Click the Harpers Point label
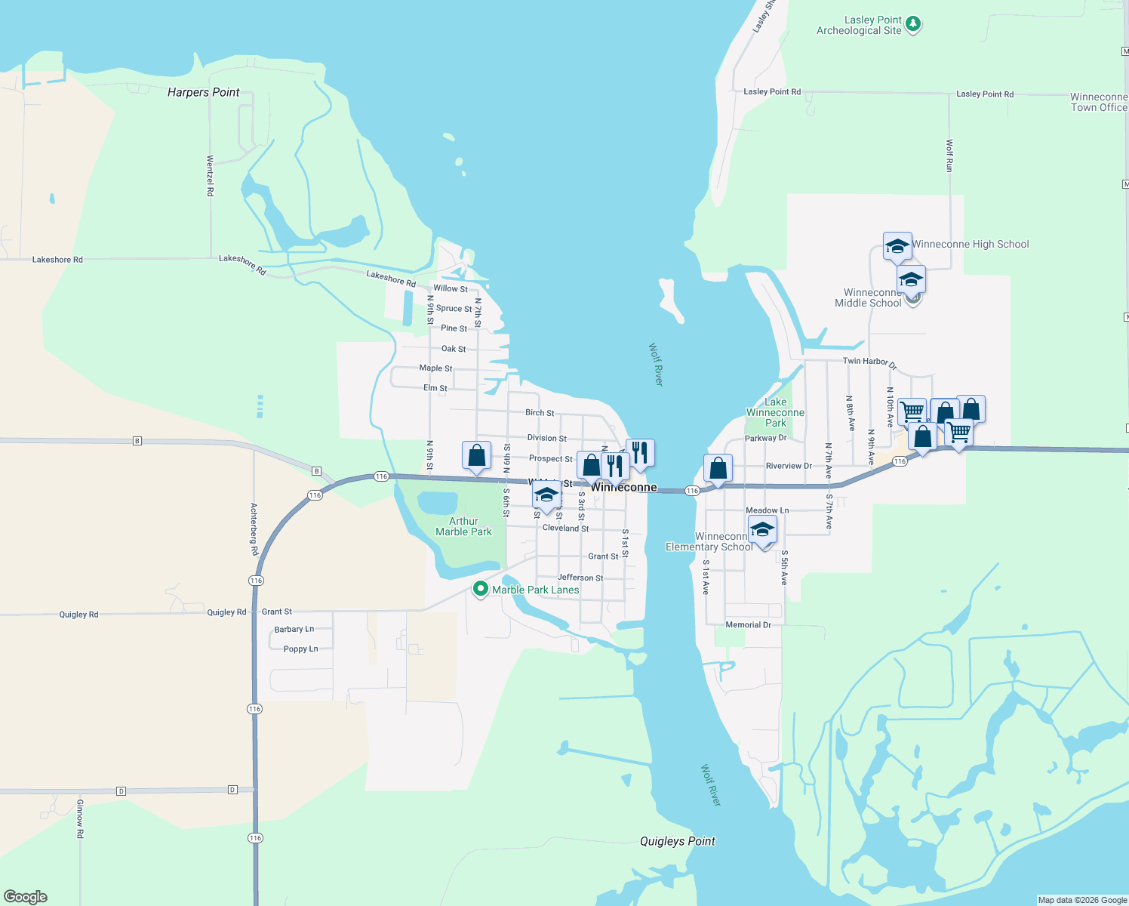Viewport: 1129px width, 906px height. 203,92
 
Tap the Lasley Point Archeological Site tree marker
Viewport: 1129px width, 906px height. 913,24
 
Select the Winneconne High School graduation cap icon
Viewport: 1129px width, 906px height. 897,246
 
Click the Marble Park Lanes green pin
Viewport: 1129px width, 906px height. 480,588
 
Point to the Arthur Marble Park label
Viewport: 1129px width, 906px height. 463,526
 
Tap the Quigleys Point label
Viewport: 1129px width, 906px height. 677,841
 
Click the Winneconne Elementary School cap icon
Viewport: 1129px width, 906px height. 762,530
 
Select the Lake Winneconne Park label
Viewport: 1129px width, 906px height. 775,412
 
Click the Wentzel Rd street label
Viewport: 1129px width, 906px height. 211,176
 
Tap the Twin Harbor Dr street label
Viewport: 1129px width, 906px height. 869,362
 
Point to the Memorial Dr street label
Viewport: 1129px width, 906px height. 748,625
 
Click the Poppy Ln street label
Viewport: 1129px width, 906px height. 300,649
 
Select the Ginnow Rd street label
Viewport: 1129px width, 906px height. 80,818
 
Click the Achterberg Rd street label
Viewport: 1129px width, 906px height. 254,529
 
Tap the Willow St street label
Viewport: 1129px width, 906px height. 450,288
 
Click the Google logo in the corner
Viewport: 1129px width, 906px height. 26,897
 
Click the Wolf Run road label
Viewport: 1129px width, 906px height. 949,156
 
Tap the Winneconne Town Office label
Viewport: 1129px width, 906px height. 1098,102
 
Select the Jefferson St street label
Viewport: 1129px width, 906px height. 580,578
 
